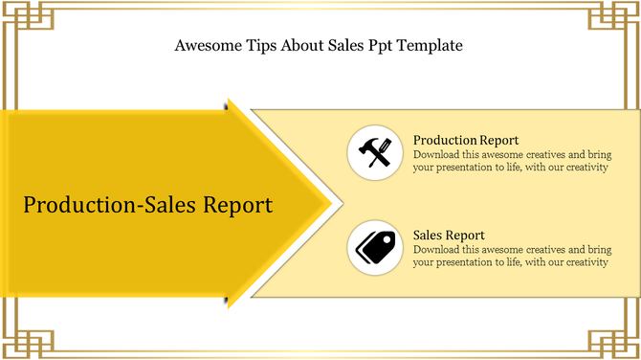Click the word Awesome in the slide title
click(x=206, y=45)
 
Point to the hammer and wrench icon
click(x=374, y=153)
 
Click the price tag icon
click(x=374, y=247)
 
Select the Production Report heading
click(x=466, y=141)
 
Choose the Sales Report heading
click(x=449, y=235)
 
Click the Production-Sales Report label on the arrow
click(x=147, y=205)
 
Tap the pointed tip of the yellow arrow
click(x=328, y=203)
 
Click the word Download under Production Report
click(x=438, y=154)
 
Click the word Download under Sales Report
click(x=438, y=249)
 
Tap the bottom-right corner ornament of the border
click(x=618, y=337)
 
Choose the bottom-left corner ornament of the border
click(x=23, y=337)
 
